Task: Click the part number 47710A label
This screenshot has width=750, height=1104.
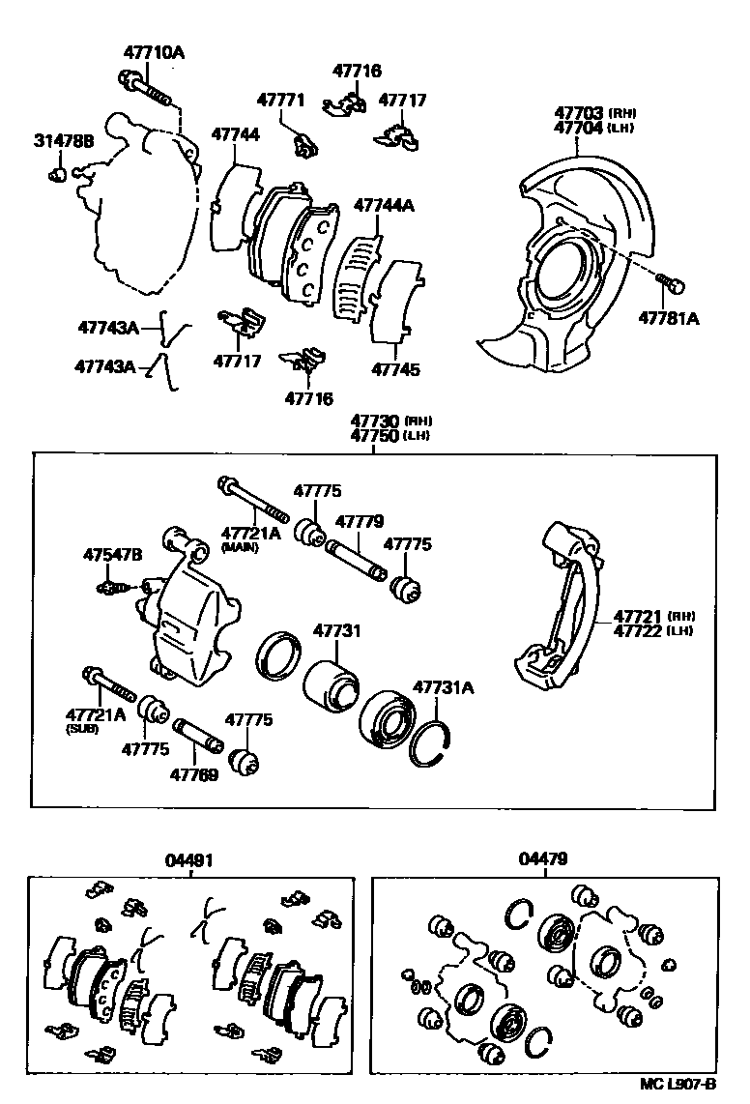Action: pyautogui.click(x=153, y=52)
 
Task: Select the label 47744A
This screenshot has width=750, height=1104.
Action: pyautogui.click(x=383, y=205)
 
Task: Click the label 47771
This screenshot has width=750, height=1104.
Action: pyautogui.click(x=280, y=100)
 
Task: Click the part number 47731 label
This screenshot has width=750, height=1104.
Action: pyautogui.click(x=335, y=631)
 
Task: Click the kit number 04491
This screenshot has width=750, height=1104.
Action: pyautogui.click(x=189, y=859)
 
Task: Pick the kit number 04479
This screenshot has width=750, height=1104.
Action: pyautogui.click(x=542, y=857)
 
